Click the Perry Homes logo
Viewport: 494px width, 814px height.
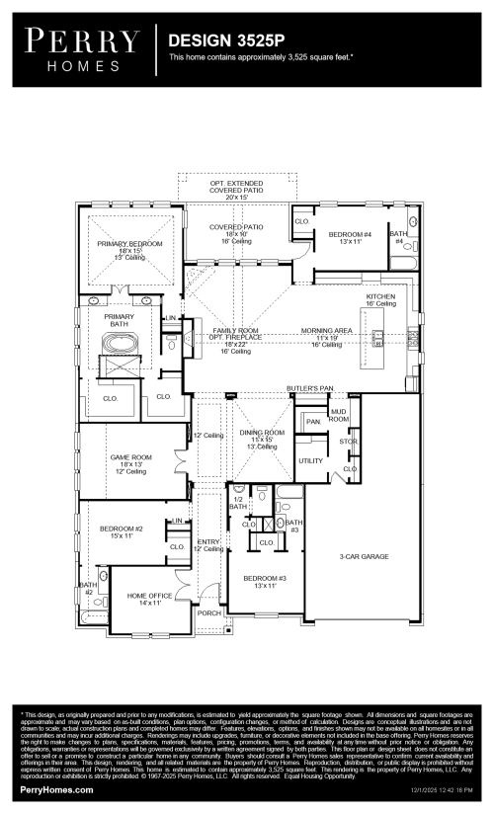pyautogui.click(x=81, y=46)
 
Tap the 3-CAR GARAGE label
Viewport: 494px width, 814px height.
pyautogui.click(x=364, y=557)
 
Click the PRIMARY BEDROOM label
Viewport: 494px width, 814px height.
pyautogui.click(x=130, y=243)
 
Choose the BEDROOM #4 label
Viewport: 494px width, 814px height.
pyautogui.click(x=349, y=233)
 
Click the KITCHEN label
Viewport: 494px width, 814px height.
pyautogui.click(x=381, y=296)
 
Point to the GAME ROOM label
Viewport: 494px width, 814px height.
pyautogui.click(x=129, y=457)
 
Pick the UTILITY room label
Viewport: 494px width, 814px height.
pyautogui.click(x=311, y=460)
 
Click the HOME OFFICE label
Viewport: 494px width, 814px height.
pyautogui.click(x=149, y=596)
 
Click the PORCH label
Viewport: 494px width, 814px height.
pyautogui.click(x=208, y=612)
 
